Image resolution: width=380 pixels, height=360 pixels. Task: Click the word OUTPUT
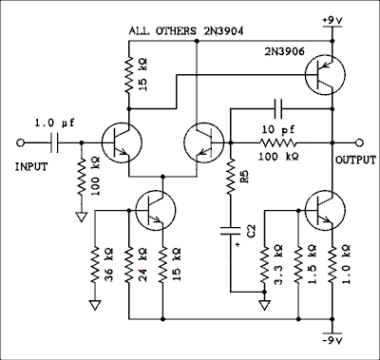click(355, 161)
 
